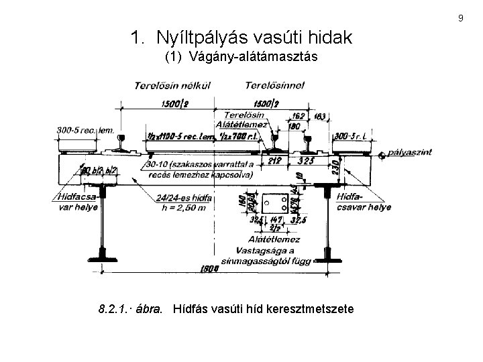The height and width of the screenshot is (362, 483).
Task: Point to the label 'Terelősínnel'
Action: [275, 86]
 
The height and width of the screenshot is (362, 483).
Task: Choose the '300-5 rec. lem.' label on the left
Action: [84, 129]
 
